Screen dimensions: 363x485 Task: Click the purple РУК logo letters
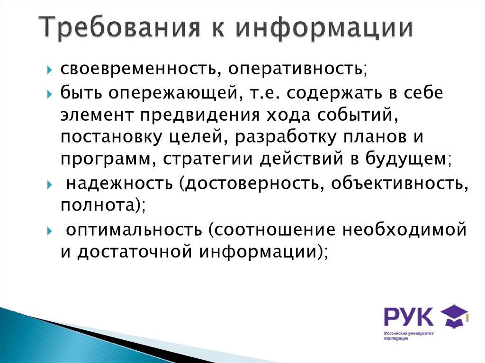click(408, 317)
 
